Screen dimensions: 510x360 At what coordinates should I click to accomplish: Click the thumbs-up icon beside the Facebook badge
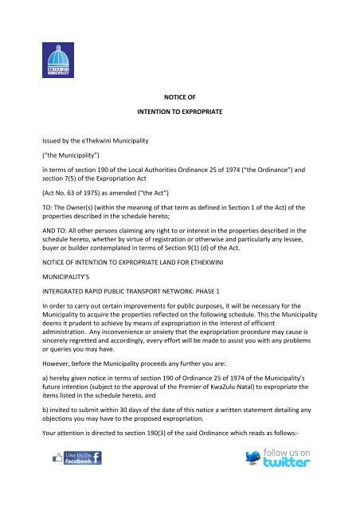click(57, 481)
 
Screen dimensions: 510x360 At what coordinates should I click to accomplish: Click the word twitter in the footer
click(274, 484)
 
